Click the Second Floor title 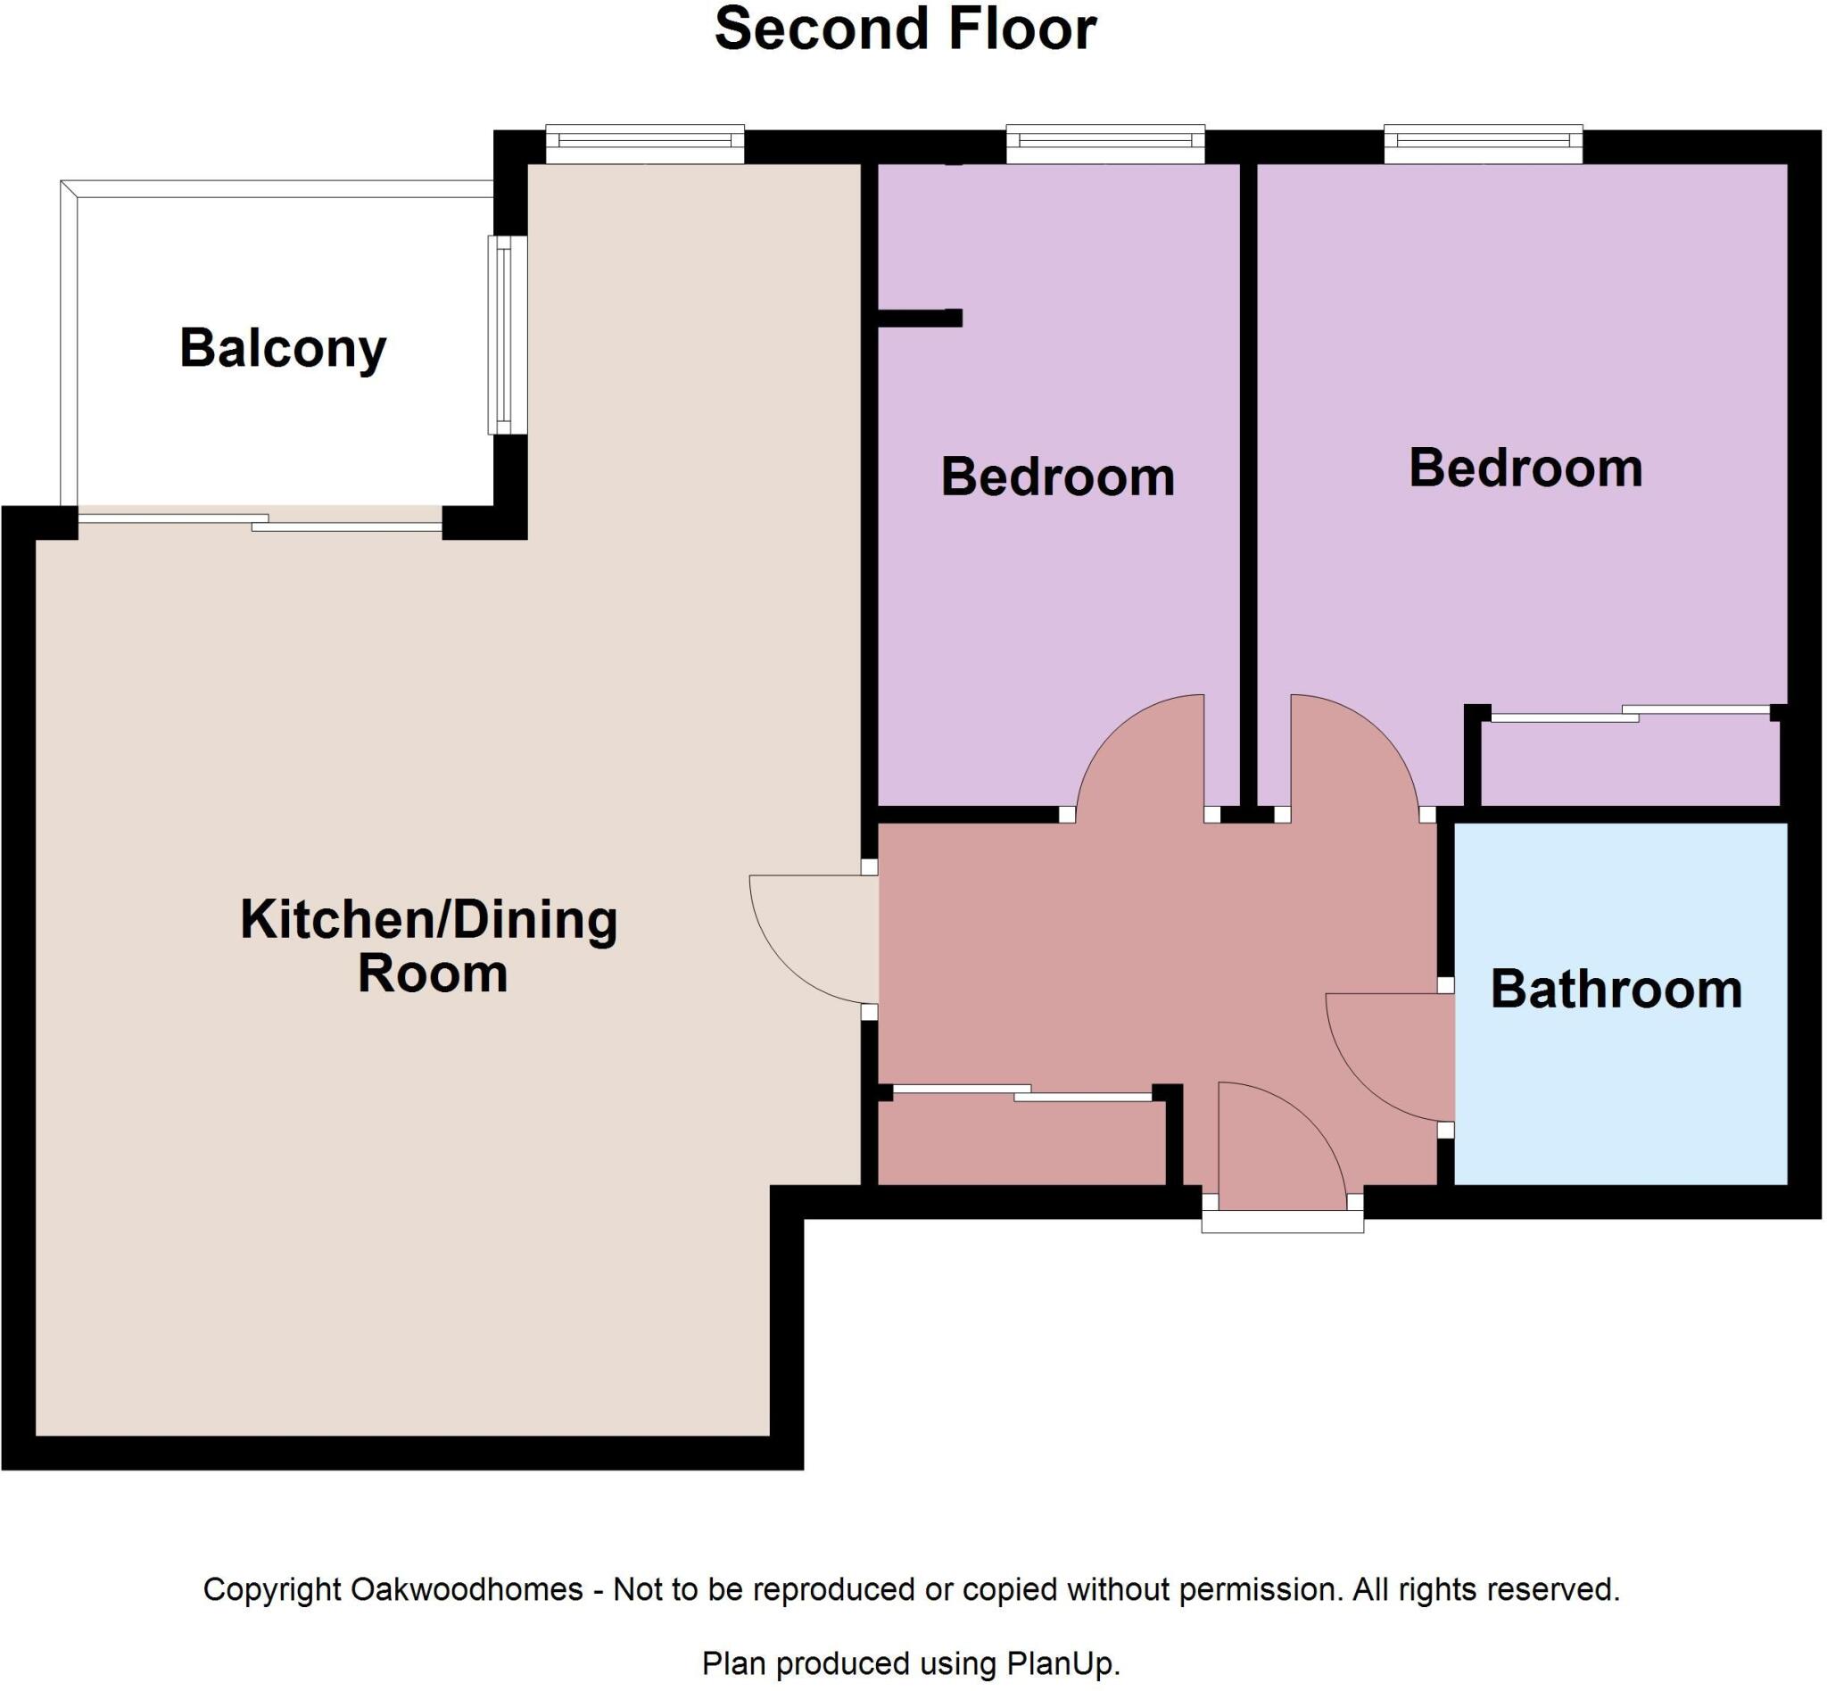pyautogui.click(x=905, y=29)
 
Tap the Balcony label pyautogui.click(x=283, y=349)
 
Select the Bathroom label pyautogui.click(x=1616, y=991)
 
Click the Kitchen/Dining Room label pyautogui.click(x=429, y=946)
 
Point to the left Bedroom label pyautogui.click(x=1058, y=477)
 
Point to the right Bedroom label pyautogui.click(x=1525, y=468)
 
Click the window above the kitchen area pyautogui.click(x=644, y=145)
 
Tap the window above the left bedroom pyautogui.click(x=1105, y=145)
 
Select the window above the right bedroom pyautogui.click(x=1483, y=145)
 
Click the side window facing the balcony pyautogui.click(x=507, y=335)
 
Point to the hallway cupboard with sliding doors pyautogui.click(x=1020, y=1140)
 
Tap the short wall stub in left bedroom pyautogui.click(x=920, y=318)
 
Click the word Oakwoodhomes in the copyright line pyautogui.click(x=467, y=1589)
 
